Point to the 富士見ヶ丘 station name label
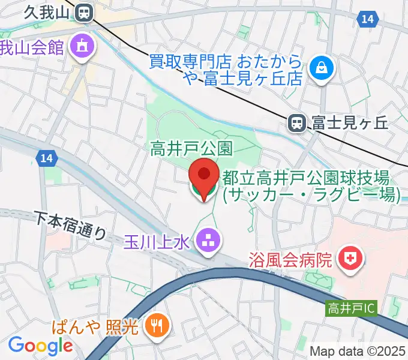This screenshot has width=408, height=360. pos(350,123)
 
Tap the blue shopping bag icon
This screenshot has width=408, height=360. pos(322,68)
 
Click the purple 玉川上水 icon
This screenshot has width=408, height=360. pos(209,241)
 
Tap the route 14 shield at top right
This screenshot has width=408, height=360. pos(368,20)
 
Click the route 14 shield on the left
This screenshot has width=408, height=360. pos(44,158)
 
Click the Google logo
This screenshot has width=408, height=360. pos(40,345)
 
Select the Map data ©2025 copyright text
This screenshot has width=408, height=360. pos(358,350)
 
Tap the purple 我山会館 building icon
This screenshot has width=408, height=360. pos(80,47)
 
